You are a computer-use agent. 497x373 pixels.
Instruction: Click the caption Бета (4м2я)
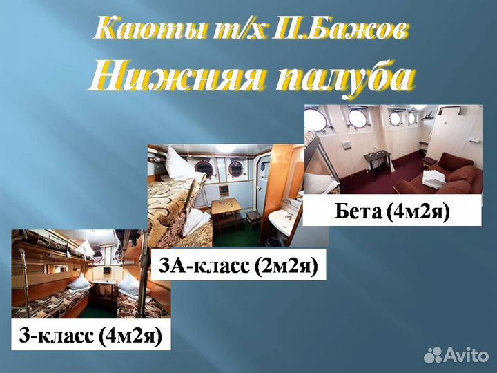391,211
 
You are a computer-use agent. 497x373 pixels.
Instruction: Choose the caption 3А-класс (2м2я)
238,266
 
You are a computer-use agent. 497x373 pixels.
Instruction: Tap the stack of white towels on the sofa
434,179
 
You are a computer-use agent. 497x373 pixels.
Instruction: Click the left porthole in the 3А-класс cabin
205,166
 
